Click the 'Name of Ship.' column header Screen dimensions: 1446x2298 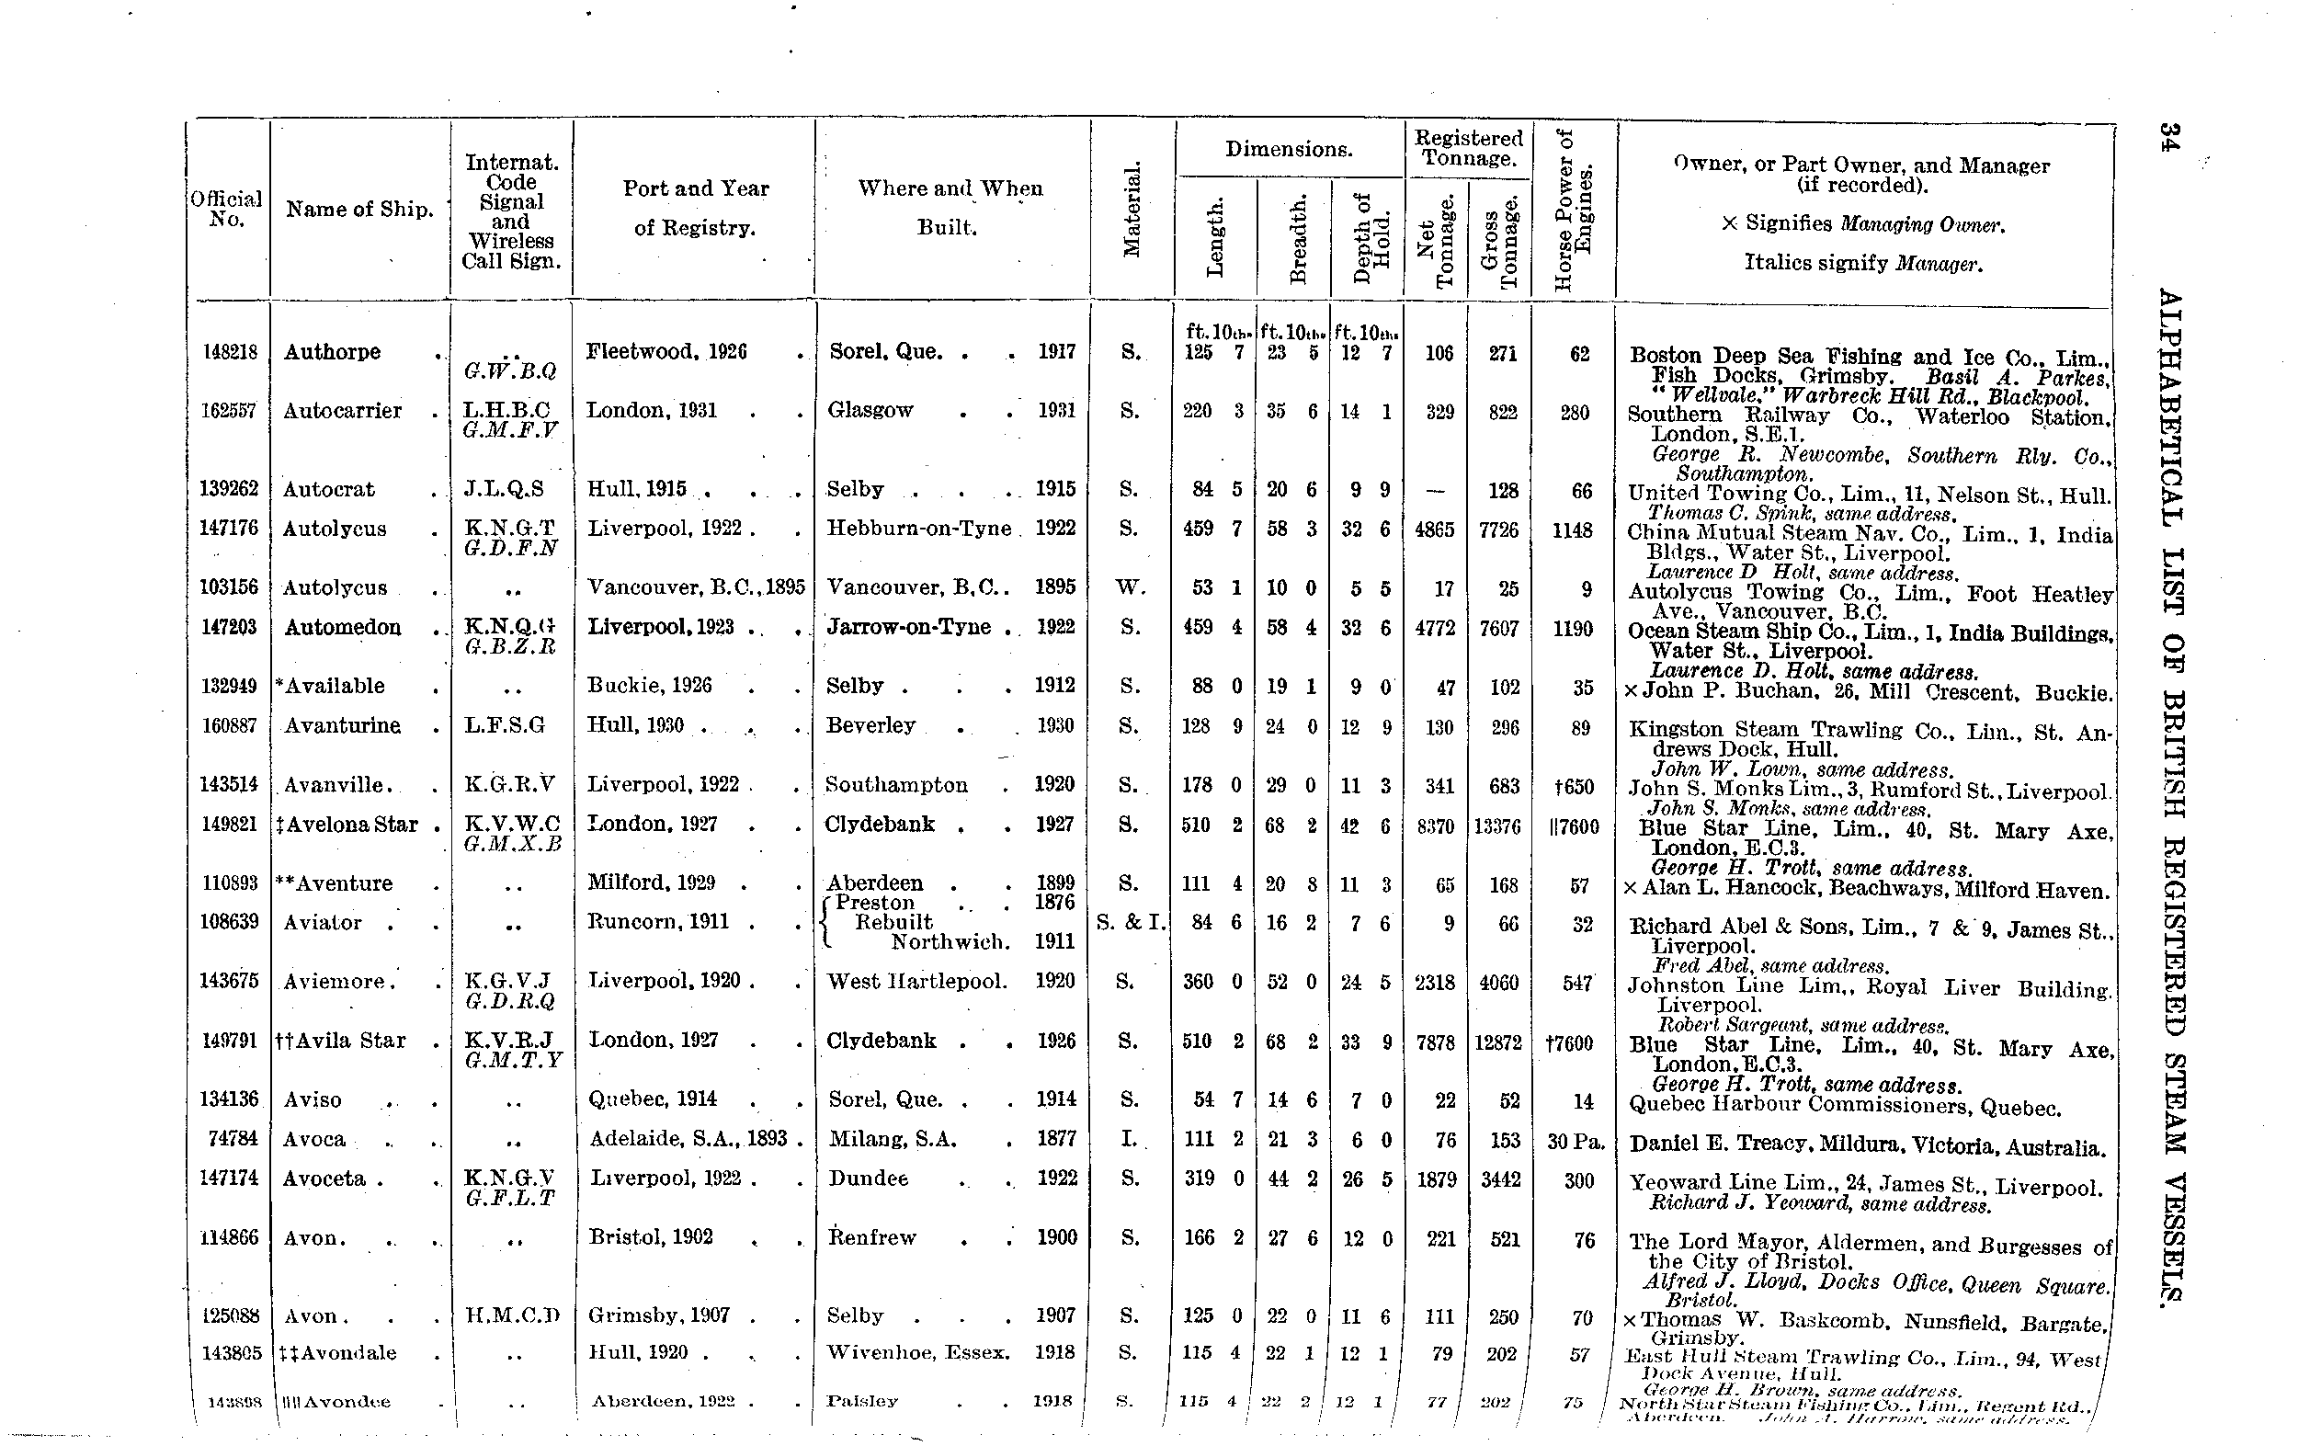click(358, 209)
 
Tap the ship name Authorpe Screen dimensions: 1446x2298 click(332, 352)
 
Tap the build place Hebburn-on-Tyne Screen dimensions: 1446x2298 click(918, 529)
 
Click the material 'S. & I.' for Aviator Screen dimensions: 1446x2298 click(1131, 923)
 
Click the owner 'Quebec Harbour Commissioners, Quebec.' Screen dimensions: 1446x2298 click(1845, 1107)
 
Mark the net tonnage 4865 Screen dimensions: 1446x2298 click(1434, 529)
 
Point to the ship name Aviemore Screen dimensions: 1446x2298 click(333, 982)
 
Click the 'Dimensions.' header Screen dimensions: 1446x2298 click(1289, 149)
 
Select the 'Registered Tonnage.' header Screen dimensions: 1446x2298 click(1468, 148)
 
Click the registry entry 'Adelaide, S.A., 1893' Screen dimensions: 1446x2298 click(691, 1139)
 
